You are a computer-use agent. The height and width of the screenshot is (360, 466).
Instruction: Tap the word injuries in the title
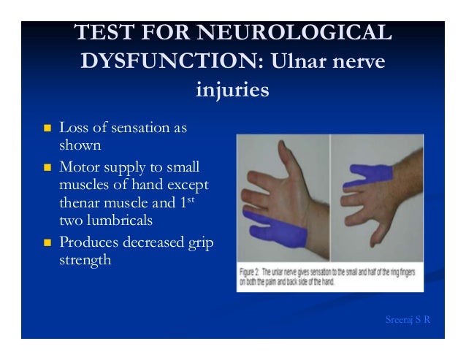[x=232, y=91]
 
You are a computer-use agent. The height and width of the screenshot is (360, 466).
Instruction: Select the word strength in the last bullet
[x=85, y=260]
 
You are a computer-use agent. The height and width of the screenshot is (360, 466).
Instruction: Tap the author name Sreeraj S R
[x=407, y=321]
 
